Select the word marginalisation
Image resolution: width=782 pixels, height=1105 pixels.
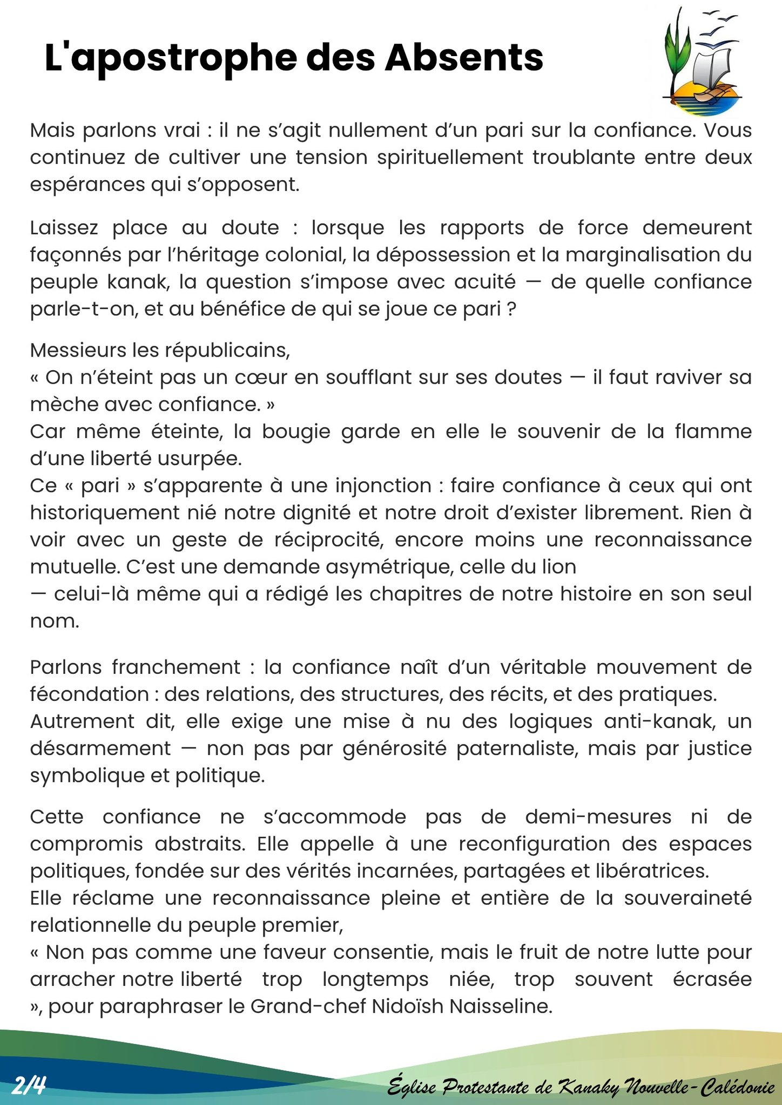[x=643, y=255]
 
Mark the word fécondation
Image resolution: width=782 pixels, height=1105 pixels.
[x=89, y=694]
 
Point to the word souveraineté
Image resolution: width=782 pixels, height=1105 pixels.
[x=687, y=898]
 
